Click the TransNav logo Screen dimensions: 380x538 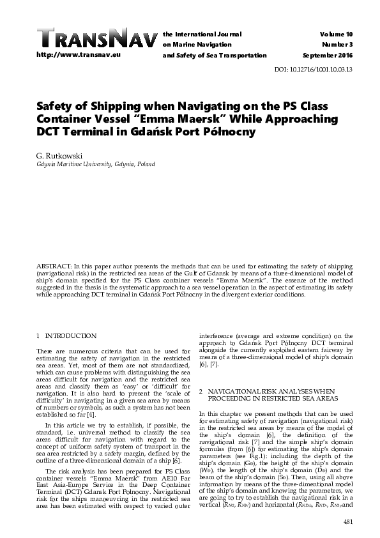point(96,38)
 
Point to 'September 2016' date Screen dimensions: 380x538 point(328,56)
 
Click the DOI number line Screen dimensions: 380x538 point(322,70)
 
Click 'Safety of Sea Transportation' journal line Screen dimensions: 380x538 point(215,56)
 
